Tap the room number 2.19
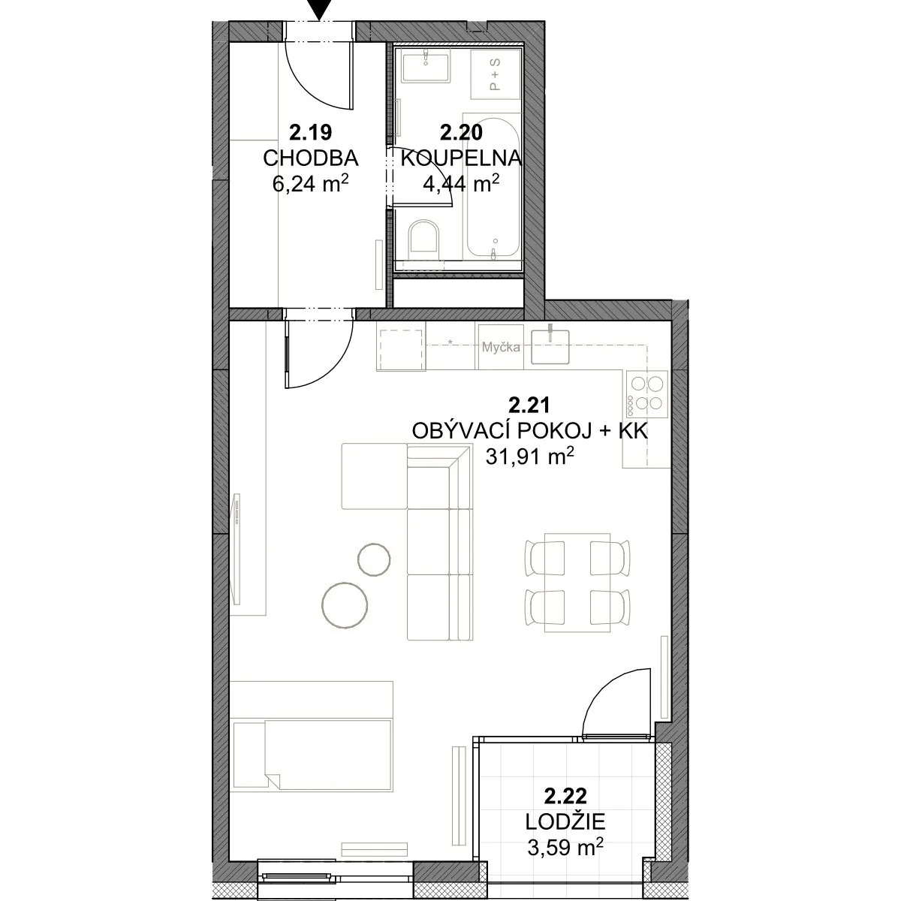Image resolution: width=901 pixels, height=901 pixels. [310, 133]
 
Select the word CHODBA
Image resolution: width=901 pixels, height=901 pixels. [310, 158]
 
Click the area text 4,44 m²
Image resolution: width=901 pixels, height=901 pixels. [461, 183]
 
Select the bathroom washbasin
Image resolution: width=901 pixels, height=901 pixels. [426, 68]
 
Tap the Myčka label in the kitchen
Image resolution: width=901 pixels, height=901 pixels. [501, 348]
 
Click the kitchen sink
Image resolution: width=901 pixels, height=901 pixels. [550, 346]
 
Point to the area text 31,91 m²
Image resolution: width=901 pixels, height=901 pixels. [530, 456]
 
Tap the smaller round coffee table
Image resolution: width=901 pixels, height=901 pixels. [374, 559]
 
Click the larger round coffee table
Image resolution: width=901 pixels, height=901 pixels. [345, 604]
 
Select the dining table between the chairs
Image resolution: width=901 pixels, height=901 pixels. [577, 582]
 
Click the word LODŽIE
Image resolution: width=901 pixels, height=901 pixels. [565, 821]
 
